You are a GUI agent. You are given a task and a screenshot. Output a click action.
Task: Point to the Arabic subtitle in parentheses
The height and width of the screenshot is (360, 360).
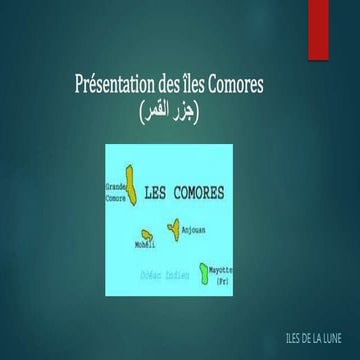pos(179,107)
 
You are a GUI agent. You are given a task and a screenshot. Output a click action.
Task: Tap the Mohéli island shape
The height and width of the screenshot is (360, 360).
pos(147,236)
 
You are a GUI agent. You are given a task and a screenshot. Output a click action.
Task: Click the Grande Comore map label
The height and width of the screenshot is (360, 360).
pos(117,191)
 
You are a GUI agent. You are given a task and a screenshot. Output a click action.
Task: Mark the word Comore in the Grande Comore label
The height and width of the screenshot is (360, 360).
pos(116,197)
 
